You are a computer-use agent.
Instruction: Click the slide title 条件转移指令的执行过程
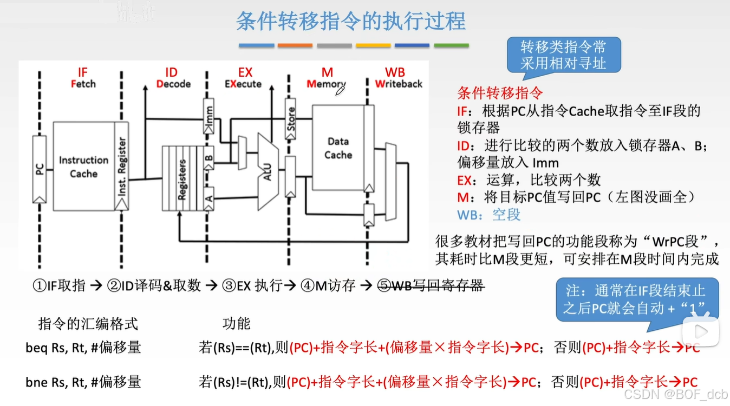351,22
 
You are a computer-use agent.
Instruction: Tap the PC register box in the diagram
39,169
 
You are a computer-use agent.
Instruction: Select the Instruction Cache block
83,167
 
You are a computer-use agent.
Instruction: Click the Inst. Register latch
122,167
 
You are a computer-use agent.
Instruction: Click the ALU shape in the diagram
267,172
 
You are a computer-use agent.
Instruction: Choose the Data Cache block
338,148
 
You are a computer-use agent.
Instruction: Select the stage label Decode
173,84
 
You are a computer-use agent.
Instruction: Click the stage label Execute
243,84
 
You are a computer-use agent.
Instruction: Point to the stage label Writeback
399,84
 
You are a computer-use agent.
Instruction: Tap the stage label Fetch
83,84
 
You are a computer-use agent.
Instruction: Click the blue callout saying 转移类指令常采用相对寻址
563,55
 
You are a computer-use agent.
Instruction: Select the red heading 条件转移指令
500,93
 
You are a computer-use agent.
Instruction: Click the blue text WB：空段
489,215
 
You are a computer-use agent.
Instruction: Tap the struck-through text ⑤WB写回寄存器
430,285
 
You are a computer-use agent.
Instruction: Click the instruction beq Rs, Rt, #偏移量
83,348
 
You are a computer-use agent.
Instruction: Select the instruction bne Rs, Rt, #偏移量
83,382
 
